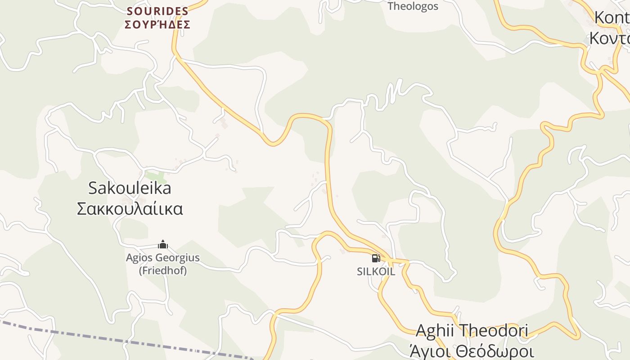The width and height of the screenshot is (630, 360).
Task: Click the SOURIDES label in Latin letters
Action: [157, 11]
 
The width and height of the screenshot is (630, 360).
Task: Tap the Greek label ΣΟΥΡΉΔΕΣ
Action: [157, 25]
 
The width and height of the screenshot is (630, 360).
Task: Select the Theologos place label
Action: [413, 6]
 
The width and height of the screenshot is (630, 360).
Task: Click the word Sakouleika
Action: [130, 188]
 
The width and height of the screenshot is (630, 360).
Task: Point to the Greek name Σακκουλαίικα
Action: [130, 209]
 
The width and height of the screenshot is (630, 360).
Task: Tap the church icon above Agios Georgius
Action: [163, 245]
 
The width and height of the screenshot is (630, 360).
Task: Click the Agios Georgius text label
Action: [162, 258]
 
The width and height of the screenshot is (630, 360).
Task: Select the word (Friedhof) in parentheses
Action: [162, 270]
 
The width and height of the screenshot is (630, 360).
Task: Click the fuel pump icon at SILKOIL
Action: [376, 258]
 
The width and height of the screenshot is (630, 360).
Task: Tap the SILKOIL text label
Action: [376, 272]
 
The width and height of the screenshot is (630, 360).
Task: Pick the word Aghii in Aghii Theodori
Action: [434, 330]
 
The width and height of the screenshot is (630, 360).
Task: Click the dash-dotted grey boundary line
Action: [135, 342]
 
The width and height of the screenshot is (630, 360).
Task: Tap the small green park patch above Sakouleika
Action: [155, 177]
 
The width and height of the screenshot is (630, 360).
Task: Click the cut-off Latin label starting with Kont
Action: [612, 18]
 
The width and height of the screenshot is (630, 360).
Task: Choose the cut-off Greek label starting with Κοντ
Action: [610, 39]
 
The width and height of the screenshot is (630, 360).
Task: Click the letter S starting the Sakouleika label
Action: [93, 188]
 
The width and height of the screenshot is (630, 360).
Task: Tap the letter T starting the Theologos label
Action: [391, 6]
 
